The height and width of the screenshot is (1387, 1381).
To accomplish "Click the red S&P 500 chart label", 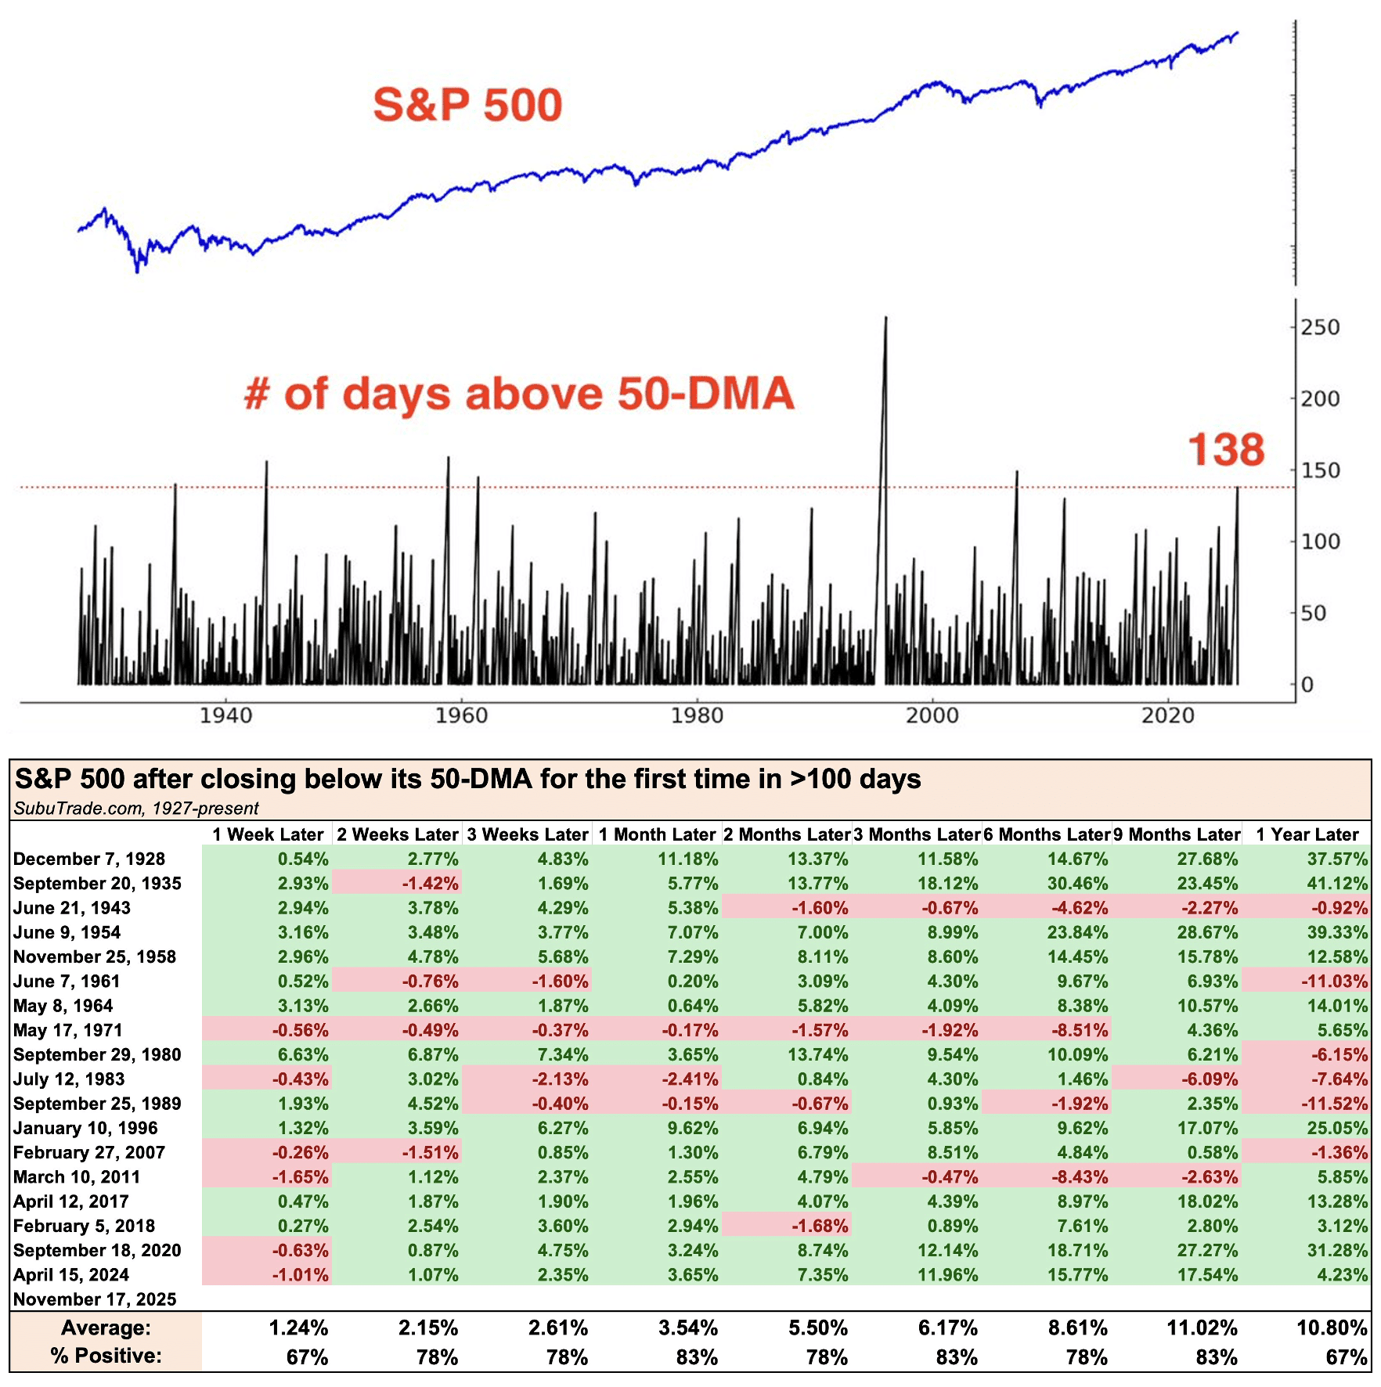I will tap(467, 105).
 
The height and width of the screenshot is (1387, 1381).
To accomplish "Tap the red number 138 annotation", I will tap(1225, 450).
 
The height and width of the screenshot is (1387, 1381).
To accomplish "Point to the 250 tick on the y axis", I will tap(1320, 327).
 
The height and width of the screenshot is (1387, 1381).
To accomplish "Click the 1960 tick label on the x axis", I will tap(461, 715).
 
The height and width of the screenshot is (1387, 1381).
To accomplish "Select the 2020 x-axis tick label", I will tap(1168, 715).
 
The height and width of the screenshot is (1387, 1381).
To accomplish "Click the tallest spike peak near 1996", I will tap(885, 319).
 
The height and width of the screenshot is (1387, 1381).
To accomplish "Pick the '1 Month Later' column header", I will tap(657, 834).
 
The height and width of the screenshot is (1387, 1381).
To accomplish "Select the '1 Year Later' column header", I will tap(1307, 834).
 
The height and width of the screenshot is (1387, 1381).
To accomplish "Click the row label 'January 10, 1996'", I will tap(85, 1128).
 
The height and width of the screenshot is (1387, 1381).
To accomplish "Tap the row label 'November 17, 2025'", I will tap(95, 1299).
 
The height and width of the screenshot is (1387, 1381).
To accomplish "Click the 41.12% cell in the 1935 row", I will tap(1337, 884).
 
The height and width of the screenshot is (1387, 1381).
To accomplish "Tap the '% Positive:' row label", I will tap(106, 1356).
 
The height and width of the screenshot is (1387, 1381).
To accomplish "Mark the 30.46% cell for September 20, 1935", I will tap(1077, 884).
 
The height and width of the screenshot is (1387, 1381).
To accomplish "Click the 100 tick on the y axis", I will tap(1320, 542).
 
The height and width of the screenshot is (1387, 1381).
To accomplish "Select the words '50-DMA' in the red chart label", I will tap(705, 393).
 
